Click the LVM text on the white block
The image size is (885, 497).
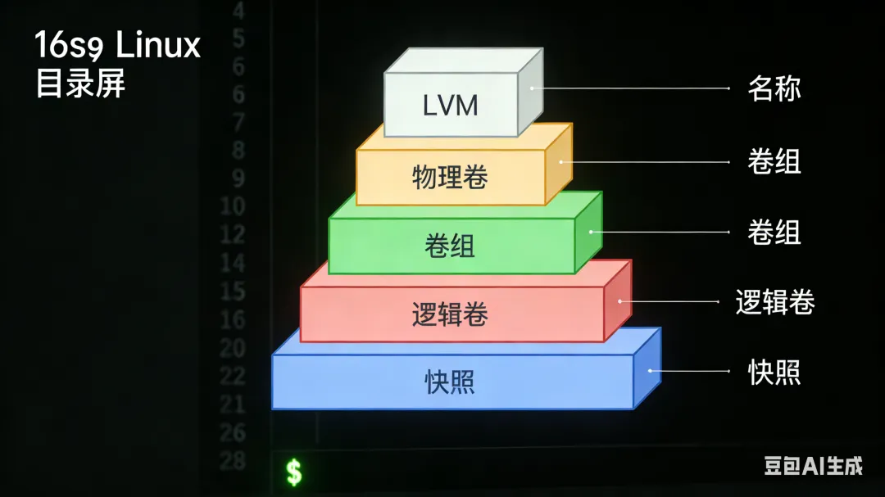450,106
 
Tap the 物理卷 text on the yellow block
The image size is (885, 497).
450,177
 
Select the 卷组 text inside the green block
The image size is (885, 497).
450,246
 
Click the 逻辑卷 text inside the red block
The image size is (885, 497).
450,314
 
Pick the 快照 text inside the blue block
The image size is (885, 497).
450,382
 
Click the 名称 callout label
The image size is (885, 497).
774,88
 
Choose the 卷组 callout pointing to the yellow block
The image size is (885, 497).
774,162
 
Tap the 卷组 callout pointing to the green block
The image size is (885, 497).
774,233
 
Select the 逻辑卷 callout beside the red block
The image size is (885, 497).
774,302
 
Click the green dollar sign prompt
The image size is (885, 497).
293,472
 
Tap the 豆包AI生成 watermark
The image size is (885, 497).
813,466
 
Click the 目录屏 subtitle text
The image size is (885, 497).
79,84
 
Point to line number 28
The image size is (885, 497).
233,460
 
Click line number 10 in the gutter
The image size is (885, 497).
233,206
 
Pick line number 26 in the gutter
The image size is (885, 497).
233,431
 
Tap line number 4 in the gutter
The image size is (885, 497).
238,11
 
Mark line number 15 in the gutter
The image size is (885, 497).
233,291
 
